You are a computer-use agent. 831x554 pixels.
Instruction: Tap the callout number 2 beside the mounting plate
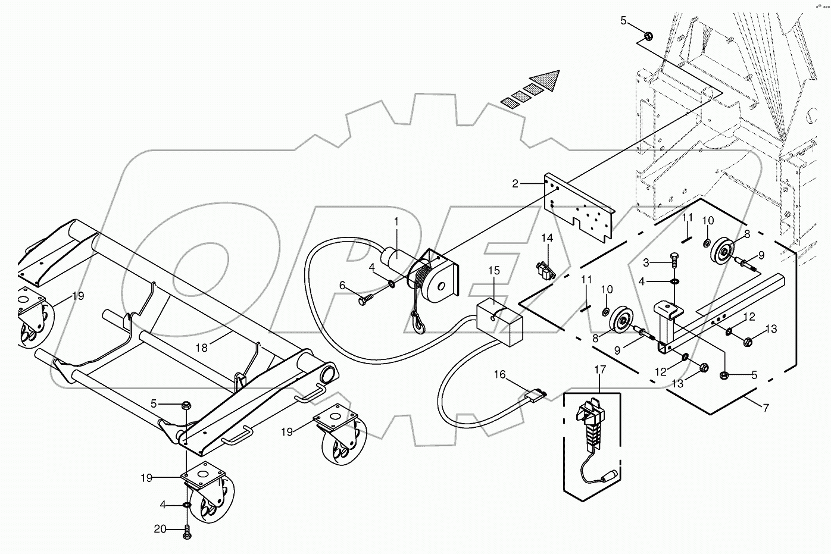[516, 184]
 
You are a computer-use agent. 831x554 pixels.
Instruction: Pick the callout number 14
[547, 238]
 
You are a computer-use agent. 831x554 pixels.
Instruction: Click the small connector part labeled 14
[544, 271]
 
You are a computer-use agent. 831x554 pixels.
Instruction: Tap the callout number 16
[499, 374]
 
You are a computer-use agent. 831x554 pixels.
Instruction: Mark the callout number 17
[600, 370]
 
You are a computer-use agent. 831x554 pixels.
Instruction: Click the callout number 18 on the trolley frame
[202, 348]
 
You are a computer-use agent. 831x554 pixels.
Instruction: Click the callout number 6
[342, 285]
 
